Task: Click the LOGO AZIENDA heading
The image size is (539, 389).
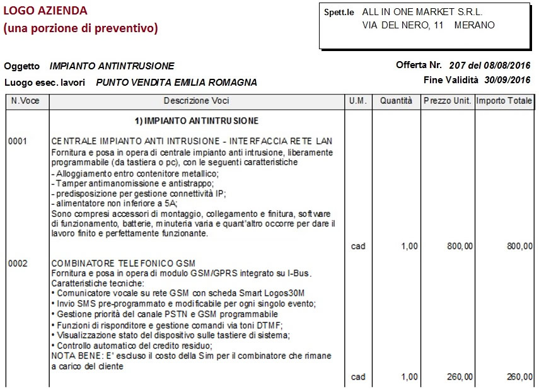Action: click(x=45, y=11)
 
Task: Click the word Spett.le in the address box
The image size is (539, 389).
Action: click(x=339, y=12)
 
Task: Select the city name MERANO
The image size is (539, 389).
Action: click(x=474, y=25)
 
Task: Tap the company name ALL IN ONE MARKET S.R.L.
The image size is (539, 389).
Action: click(x=422, y=11)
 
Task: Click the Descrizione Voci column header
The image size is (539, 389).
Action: click(x=196, y=101)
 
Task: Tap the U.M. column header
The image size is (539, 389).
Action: click(x=357, y=101)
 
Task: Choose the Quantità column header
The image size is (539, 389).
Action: click(x=396, y=101)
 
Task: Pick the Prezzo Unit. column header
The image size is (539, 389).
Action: click(x=447, y=101)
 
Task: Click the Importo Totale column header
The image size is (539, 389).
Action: click(x=504, y=101)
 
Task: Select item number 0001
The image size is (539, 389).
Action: click(x=18, y=141)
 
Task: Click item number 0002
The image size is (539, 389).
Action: click(x=18, y=263)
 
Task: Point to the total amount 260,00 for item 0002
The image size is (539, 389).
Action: click(x=519, y=377)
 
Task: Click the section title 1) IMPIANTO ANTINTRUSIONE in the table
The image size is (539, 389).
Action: click(x=197, y=120)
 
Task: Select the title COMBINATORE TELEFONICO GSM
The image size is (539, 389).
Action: click(x=124, y=263)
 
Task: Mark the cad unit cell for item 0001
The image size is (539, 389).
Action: click(x=357, y=247)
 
